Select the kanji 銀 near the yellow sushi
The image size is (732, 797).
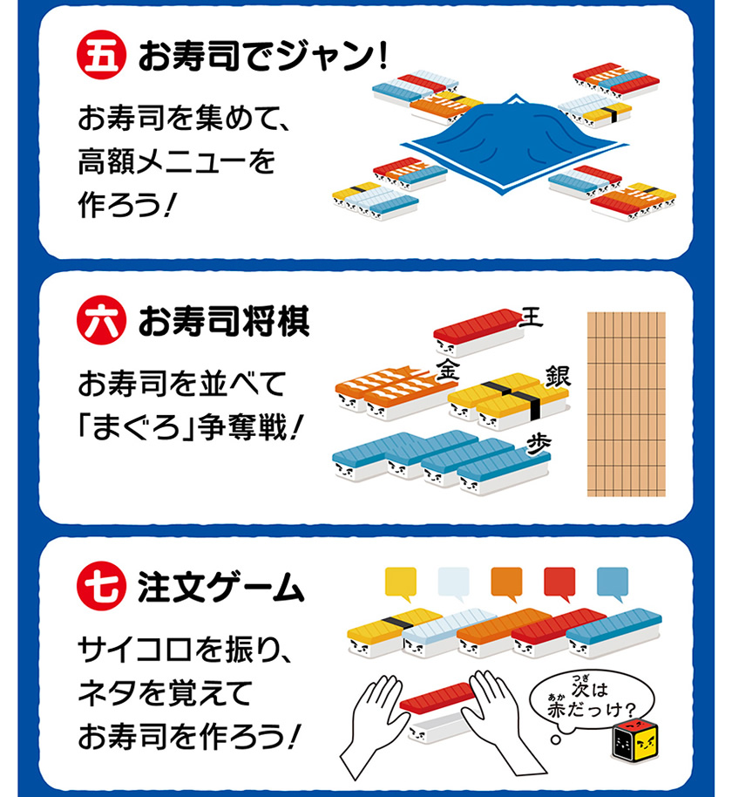click(x=557, y=377)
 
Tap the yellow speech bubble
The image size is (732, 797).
click(x=401, y=582)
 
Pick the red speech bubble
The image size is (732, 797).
click(x=559, y=582)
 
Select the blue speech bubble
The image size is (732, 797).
click(x=612, y=582)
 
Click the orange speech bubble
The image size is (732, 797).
click(x=506, y=582)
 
